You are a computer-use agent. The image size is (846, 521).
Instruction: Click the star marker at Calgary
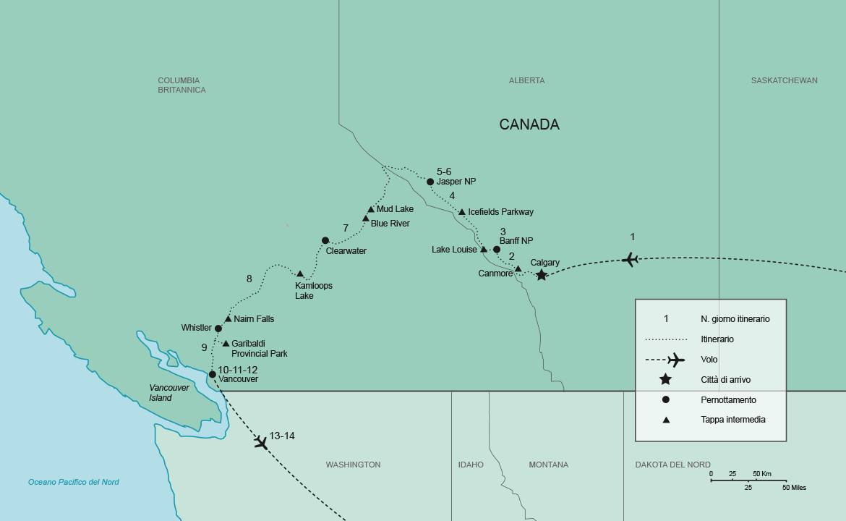[x=541, y=274]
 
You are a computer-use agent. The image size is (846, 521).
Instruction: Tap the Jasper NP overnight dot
[x=430, y=182]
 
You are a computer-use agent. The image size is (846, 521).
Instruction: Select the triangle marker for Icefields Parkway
[x=462, y=212]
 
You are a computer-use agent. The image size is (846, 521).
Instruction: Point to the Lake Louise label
[x=454, y=250]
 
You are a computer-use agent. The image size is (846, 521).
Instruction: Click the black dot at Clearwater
[x=325, y=240]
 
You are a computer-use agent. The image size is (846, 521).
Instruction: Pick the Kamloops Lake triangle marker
[x=300, y=274]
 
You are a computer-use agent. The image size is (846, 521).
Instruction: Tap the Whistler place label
[x=196, y=328]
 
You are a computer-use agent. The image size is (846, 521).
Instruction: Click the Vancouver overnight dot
[x=212, y=374]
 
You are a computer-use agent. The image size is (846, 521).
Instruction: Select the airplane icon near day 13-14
[x=261, y=441]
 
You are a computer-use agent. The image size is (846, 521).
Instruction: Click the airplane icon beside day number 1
[x=631, y=258]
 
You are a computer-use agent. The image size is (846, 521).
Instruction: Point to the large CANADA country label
[x=529, y=124]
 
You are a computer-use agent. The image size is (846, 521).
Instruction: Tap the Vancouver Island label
[x=169, y=392]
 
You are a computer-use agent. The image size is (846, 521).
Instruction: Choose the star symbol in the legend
[x=665, y=379]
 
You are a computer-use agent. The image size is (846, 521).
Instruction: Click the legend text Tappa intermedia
[x=732, y=420]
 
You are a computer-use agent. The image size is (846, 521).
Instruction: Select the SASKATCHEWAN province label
[x=784, y=80]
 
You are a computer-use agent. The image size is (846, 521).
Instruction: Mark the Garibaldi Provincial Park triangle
[x=226, y=344]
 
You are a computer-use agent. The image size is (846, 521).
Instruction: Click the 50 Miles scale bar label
[x=793, y=488]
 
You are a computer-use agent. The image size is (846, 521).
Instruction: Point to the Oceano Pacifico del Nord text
[x=74, y=482]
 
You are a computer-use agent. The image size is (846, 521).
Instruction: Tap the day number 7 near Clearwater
[x=346, y=228]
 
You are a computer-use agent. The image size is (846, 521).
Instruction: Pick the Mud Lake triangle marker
[x=371, y=209]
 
